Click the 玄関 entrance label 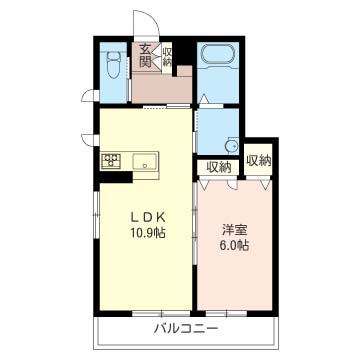point(146,56)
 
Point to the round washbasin point(231,142)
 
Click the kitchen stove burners point(112,159)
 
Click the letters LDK point(144,215)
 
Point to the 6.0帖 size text point(236,247)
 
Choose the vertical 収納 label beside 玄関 point(167,56)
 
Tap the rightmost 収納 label point(259,159)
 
